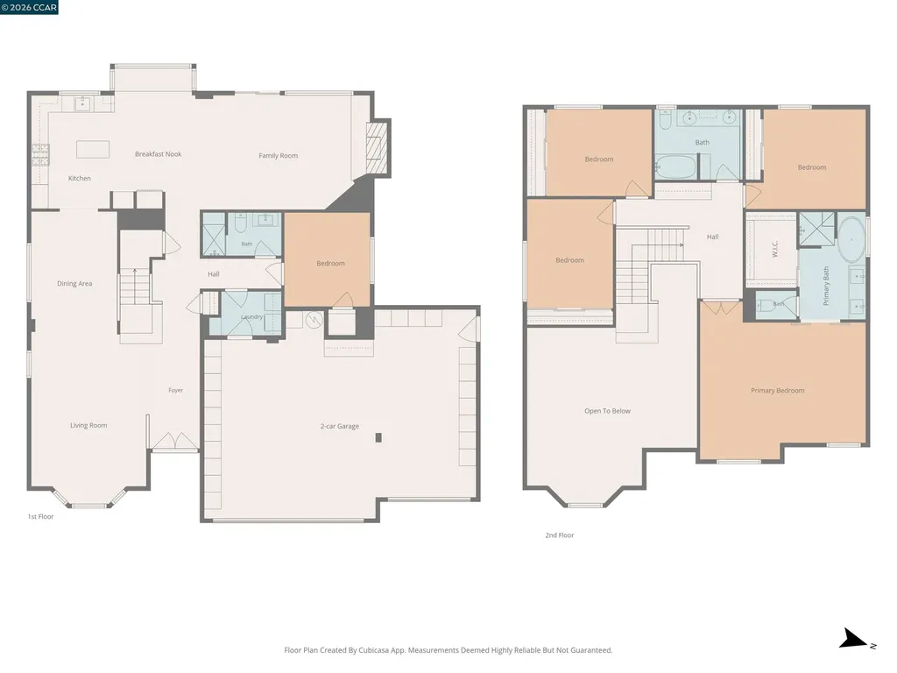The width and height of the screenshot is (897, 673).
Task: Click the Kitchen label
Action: pos(80,179)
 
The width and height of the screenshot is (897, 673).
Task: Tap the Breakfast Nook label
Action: pos(158,154)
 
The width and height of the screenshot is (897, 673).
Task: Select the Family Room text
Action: pos(278,156)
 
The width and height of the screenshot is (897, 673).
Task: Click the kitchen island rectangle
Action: pos(93,149)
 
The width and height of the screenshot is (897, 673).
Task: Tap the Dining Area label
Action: pos(74,284)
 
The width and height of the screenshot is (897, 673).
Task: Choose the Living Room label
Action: pos(88,426)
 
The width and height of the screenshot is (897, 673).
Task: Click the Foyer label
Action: pos(175,390)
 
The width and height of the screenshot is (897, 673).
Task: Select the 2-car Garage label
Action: pos(340,427)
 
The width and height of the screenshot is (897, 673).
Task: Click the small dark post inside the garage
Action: pos(378,438)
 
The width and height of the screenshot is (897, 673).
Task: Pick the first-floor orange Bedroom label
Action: pos(330,263)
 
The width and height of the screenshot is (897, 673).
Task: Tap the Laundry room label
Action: pos(251,317)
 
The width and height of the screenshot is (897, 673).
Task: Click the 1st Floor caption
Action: pos(40,517)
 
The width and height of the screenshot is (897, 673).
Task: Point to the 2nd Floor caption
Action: pos(560,535)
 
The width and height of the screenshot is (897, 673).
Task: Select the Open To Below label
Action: pos(608,411)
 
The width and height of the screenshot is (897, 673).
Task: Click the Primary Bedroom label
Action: pos(778,391)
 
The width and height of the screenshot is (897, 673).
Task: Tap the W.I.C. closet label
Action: pos(775,249)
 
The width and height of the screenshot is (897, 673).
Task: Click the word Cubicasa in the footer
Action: pos(372,650)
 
